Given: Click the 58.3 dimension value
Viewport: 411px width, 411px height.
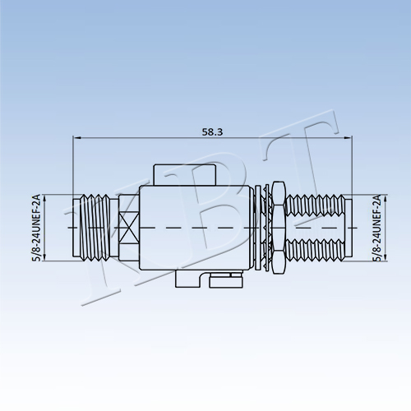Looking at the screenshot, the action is (x=212, y=132).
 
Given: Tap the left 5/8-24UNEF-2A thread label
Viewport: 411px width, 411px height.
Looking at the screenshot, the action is (x=36, y=228).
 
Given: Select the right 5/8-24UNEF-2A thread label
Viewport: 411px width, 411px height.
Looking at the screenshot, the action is (x=376, y=228).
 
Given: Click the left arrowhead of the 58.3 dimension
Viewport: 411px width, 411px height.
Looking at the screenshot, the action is (x=76, y=138).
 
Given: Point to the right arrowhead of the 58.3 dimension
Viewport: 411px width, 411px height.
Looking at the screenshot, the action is (x=349, y=138).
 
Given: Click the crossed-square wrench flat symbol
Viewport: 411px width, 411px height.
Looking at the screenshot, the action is (x=129, y=228).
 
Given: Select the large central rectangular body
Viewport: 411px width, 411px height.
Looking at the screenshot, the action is (x=196, y=228).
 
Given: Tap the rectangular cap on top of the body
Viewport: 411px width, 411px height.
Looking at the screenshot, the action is (x=185, y=175).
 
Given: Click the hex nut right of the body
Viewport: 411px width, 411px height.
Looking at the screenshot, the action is (x=279, y=228).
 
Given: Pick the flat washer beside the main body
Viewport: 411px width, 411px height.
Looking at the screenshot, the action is (x=257, y=228).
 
